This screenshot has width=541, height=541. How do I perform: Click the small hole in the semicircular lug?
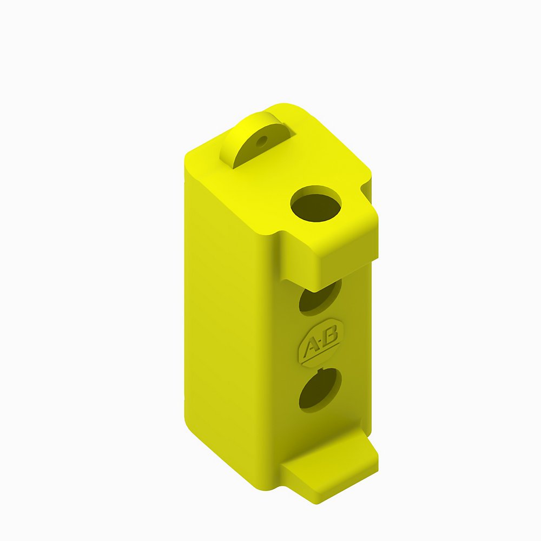coord(262,142)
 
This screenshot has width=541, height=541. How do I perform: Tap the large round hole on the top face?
coord(316,204)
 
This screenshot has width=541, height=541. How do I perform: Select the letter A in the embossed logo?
coord(311,347)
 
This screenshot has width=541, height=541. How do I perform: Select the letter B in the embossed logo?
coord(330,336)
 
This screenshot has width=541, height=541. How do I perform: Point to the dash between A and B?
coord(320,342)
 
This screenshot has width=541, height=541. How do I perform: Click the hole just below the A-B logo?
coord(319,388)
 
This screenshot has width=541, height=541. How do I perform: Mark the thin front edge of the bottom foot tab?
coord(346,484)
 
